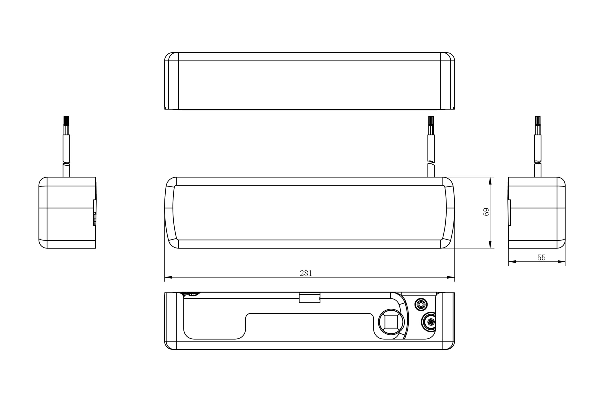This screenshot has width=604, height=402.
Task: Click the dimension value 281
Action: pyautogui.click(x=306, y=273)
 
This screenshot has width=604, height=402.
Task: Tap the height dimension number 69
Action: pyautogui.click(x=486, y=212)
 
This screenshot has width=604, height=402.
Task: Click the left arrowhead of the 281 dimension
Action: pyautogui.click(x=168, y=277)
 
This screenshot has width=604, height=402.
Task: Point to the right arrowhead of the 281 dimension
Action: pyautogui.click(x=451, y=277)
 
